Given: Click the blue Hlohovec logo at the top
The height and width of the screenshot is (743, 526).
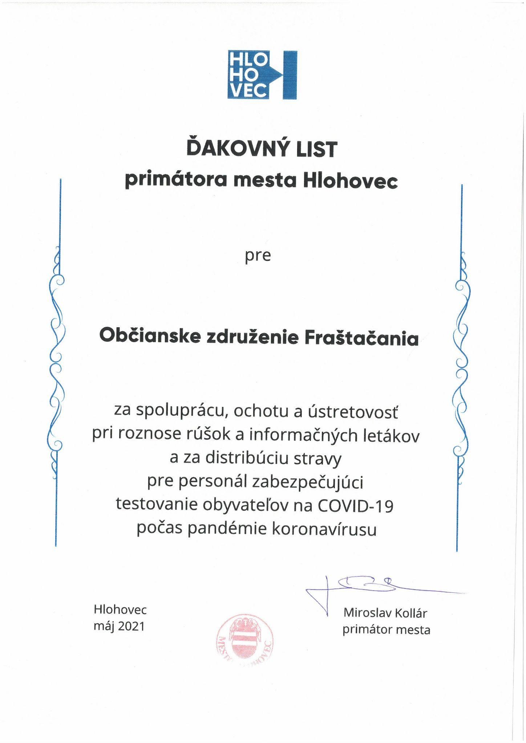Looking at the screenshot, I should [262, 75].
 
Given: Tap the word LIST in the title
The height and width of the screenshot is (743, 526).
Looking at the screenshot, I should [317, 149].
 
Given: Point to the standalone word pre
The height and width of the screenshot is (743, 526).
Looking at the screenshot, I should [258, 256].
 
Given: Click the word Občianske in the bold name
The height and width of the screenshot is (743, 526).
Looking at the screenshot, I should [150, 336].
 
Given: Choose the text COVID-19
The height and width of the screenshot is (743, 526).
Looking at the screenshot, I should [355, 506].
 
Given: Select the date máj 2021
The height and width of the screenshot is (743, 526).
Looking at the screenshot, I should [119, 626].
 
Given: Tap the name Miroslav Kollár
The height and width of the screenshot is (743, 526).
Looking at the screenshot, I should [385, 613].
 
